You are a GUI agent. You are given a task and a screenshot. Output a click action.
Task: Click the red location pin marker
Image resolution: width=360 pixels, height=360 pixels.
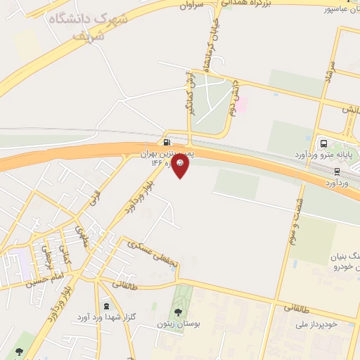pyautogui.click(x=181, y=165)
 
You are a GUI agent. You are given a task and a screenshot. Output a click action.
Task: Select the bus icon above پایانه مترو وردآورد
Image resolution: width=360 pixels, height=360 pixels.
pyautogui.click(x=323, y=143)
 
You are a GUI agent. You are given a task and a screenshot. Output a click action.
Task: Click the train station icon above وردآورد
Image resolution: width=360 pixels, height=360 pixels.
pyautogui.click(x=337, y=170)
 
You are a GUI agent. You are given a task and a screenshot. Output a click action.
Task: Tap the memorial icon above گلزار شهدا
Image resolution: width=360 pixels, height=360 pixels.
pyautogui.click(x=106, y=307)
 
